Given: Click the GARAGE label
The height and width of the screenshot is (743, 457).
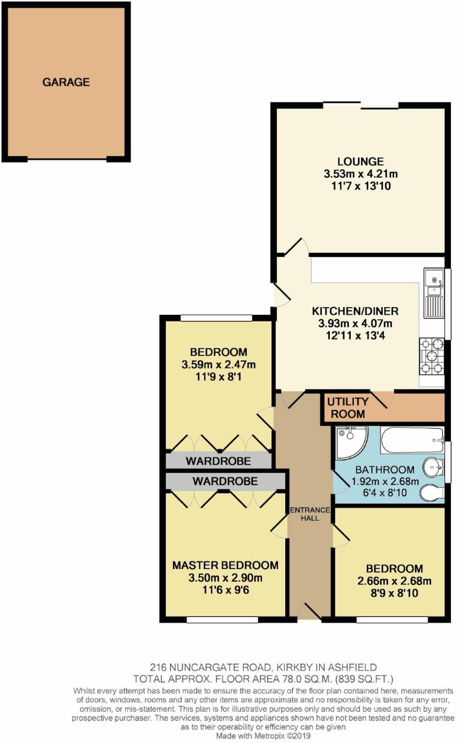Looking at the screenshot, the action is pyautogui.click(x=66, y=82).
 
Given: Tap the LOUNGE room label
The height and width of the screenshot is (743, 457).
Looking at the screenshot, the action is pyautogui.click(x=361, y=162).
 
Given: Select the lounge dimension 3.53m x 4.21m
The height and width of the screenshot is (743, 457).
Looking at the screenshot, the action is pyautogui.click(x=361, y=174).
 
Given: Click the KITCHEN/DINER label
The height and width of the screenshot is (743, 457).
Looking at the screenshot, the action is pyautogui.click(x=355, y=311).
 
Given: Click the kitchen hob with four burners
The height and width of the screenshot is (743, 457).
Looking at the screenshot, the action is pyautogui.click(x=432, y=356).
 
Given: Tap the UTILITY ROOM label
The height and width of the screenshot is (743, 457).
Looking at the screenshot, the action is pyautogui.click(x=348, y=408).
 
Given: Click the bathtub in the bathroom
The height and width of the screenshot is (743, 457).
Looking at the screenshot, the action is pyautogui.click(x=412, y=440).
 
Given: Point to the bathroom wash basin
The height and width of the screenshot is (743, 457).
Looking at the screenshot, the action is pyautogui.click(x=433, y=468).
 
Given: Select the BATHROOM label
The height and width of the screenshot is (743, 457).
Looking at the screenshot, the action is pyautogui.click(x=385, y=469).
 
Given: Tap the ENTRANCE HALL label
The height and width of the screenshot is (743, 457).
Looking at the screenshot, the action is pyautogui.click(x=310, y=514).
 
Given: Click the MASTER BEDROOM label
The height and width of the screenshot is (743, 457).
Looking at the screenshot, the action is pyautogui.click(x=225, y=565).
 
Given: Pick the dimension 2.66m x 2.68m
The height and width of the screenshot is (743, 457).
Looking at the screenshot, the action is pyautogui.click(x=394, y=581).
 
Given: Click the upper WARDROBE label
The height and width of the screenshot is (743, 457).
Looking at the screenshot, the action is pyautogui.click(x=218, y=461).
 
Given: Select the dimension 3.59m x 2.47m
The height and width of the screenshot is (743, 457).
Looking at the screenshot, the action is pyautogui.click(x=219, y=365).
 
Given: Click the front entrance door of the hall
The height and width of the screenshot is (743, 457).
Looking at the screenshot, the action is pyautogui.click(x=309, y=612).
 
